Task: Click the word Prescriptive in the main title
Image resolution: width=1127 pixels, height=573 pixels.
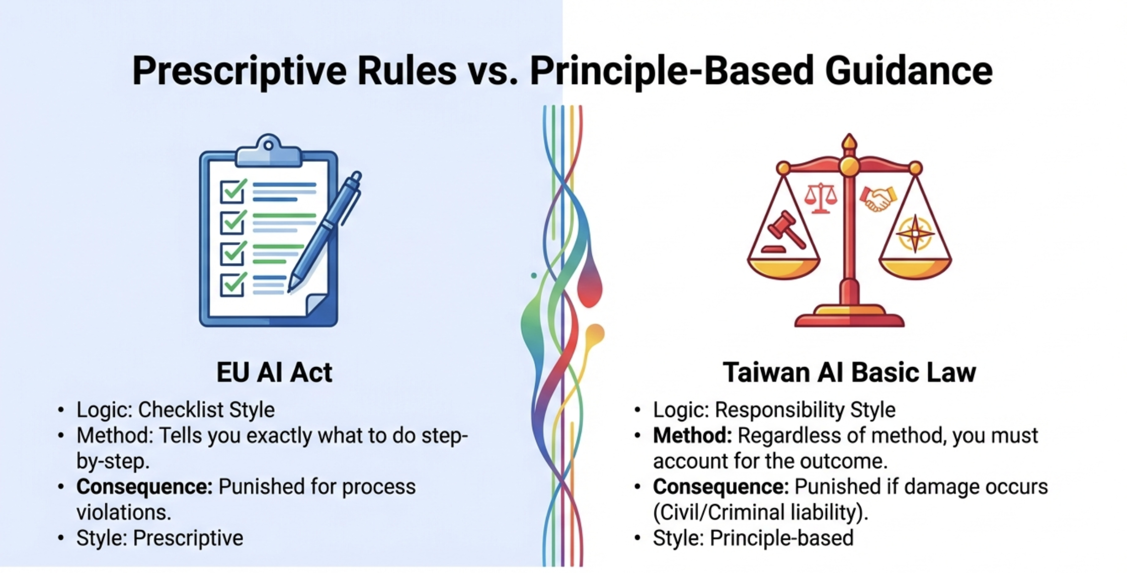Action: click(x=240, y=71)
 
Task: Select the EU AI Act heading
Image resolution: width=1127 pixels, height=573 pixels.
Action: click(x=274, y=373)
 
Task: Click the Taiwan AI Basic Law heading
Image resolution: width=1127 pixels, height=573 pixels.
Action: click(x=849, y=373)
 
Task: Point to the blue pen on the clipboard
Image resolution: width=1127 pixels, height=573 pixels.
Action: click(x=325, y=229)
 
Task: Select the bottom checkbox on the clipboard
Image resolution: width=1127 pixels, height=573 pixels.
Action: click(x=232, y=285)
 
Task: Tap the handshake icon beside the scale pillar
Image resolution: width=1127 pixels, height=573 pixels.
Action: click(x=878, y=198)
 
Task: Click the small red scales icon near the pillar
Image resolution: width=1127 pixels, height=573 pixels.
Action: click(x=820, y=197)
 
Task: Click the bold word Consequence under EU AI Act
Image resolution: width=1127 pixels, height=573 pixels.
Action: click(x=144, y=487)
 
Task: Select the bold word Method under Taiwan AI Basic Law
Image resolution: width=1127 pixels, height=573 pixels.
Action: click(x=692, y=436)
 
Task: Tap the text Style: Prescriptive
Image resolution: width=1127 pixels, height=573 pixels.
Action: click(x=160, y=538)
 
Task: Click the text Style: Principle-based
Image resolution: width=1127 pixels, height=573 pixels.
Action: click(x=753, y=538)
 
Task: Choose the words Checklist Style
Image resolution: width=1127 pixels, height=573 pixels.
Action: click(x=206, y=410)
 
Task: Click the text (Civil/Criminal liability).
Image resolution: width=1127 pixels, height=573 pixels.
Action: click(x=760, y=512)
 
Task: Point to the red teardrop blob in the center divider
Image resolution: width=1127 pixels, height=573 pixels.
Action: click(x=590, y=288)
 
